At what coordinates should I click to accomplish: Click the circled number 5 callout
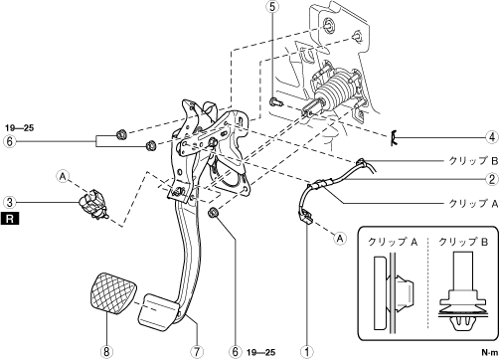click(x=272, y=7)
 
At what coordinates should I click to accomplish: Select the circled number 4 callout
click(x=492, y=136)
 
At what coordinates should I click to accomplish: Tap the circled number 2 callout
click(x=492, y=179)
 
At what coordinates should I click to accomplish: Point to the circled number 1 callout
click(x=306, y=352)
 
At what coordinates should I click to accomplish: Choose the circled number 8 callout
click(x=106, y=352)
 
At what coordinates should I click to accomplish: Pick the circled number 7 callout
click(x=197, y=352)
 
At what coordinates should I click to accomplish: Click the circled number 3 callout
click(x=10, y=202)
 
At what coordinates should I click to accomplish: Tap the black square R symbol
click(x=10, y=219)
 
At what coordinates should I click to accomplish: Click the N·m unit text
click(x=490, y=352)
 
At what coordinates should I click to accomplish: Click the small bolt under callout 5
click(x=276, y=102)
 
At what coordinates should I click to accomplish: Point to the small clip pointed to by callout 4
click(x=394, y=137)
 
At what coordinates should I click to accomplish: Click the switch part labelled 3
click(x=92, y=205)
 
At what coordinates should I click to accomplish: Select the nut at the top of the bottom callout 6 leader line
click(x=213, y=213)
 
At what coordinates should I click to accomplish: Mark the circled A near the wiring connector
click(x=340, y=238)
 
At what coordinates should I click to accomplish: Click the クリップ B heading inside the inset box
click(x=463, y=242)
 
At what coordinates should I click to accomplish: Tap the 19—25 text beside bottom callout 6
click(x=261, y=352)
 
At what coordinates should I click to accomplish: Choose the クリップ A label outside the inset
click(x=473, y=203)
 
